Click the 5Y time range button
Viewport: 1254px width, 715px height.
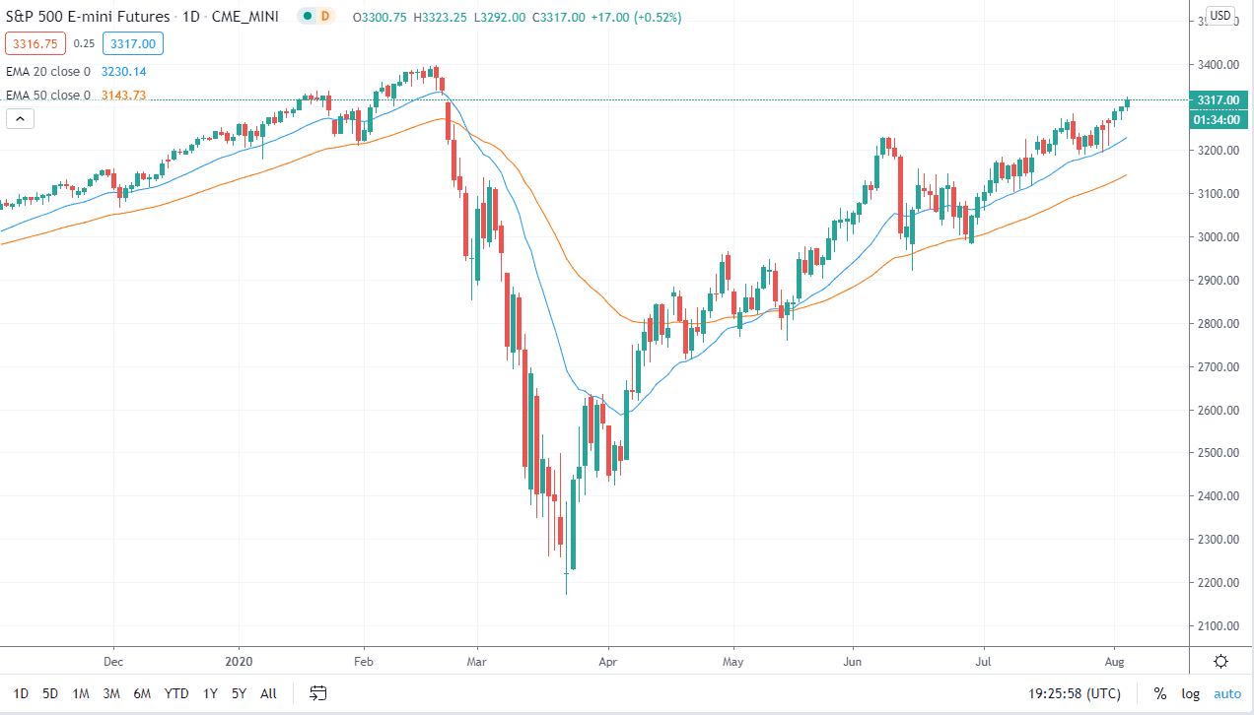[x=239, y=693]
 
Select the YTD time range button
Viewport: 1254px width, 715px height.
[x=176, y=693]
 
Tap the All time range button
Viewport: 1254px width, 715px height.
[x=268, y=693]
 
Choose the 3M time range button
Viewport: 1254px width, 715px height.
[x=111, y=693]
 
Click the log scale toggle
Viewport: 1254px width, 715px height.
[x=1191, y=693]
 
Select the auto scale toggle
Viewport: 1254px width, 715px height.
[x=1227, y=693]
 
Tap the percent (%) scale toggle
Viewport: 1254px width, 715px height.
[x=1160, y=693]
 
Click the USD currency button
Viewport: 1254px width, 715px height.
[x=1220, y=15]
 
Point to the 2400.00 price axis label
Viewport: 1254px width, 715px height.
[x=1218, y=496]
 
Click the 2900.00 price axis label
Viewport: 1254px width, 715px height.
[x=1218, y=281]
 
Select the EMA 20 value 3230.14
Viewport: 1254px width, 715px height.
[x=124, y=71]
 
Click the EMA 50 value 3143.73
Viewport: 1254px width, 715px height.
[x=124, y=95]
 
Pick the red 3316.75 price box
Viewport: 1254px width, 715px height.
[x=35, y=43]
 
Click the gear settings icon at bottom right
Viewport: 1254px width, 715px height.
[x=1220, y=661]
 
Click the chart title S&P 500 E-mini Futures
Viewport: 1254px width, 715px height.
[x=87, y=17]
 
